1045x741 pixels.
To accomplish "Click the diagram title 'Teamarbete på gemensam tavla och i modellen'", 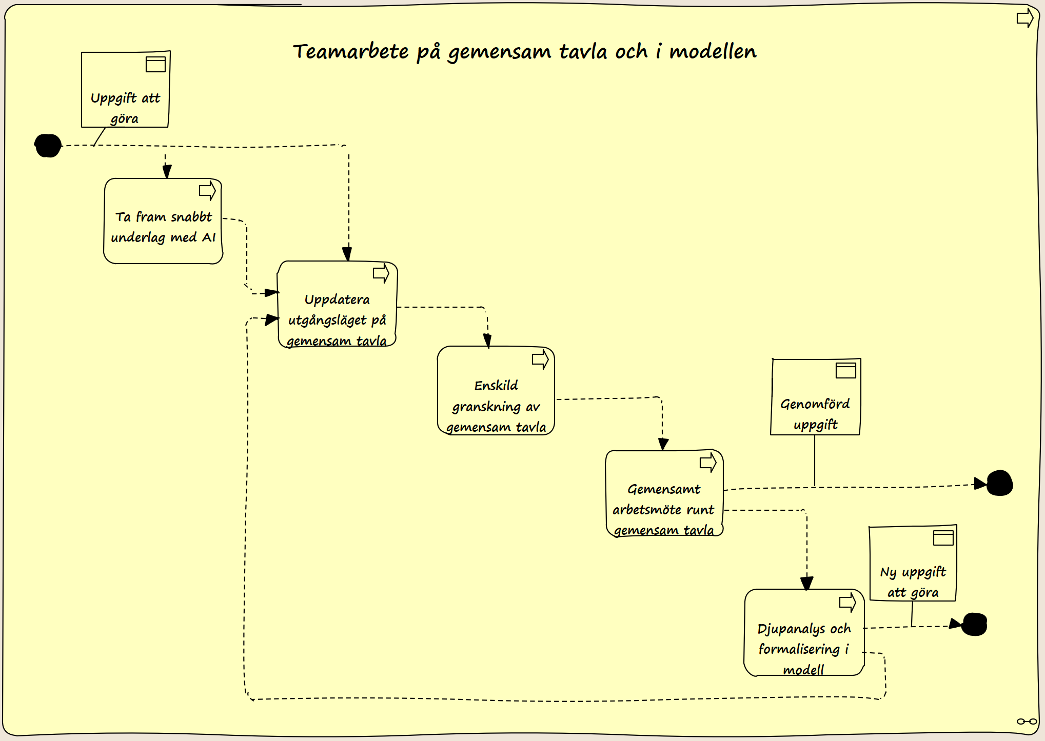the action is point(524,52).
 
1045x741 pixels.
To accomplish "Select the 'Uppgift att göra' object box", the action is point(126,89).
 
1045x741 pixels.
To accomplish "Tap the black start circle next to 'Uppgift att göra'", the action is point(48,146).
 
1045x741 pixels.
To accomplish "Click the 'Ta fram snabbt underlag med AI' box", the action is point(163,221).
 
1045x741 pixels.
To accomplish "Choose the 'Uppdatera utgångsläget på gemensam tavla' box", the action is point(337,304).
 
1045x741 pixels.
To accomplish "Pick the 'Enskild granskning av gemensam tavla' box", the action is point(496,391).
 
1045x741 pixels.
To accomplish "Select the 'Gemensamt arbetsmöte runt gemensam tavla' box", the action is point(664,493).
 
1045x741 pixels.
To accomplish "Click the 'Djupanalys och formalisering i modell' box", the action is point(804,632).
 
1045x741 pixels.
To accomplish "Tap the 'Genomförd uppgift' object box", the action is point(816,397).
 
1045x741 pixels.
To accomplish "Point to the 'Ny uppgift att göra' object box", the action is point(913,563).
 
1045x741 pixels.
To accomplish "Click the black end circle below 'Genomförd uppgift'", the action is point(999,483).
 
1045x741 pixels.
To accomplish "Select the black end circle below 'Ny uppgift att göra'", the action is point(974,624).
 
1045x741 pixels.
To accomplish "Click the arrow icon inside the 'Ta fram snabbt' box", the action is point(207,191).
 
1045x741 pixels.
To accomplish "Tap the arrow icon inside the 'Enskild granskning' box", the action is point(540,359).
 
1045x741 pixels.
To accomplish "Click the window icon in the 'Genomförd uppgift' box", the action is point(846,370).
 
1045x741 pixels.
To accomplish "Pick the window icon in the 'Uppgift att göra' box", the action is point(155,64).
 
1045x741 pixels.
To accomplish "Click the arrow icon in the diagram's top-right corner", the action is point(1025,18).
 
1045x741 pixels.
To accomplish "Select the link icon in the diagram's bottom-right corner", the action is point(1027,722).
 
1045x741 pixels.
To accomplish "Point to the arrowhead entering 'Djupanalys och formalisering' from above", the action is point(806,583).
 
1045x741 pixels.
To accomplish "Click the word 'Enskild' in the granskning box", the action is point(496,386).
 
